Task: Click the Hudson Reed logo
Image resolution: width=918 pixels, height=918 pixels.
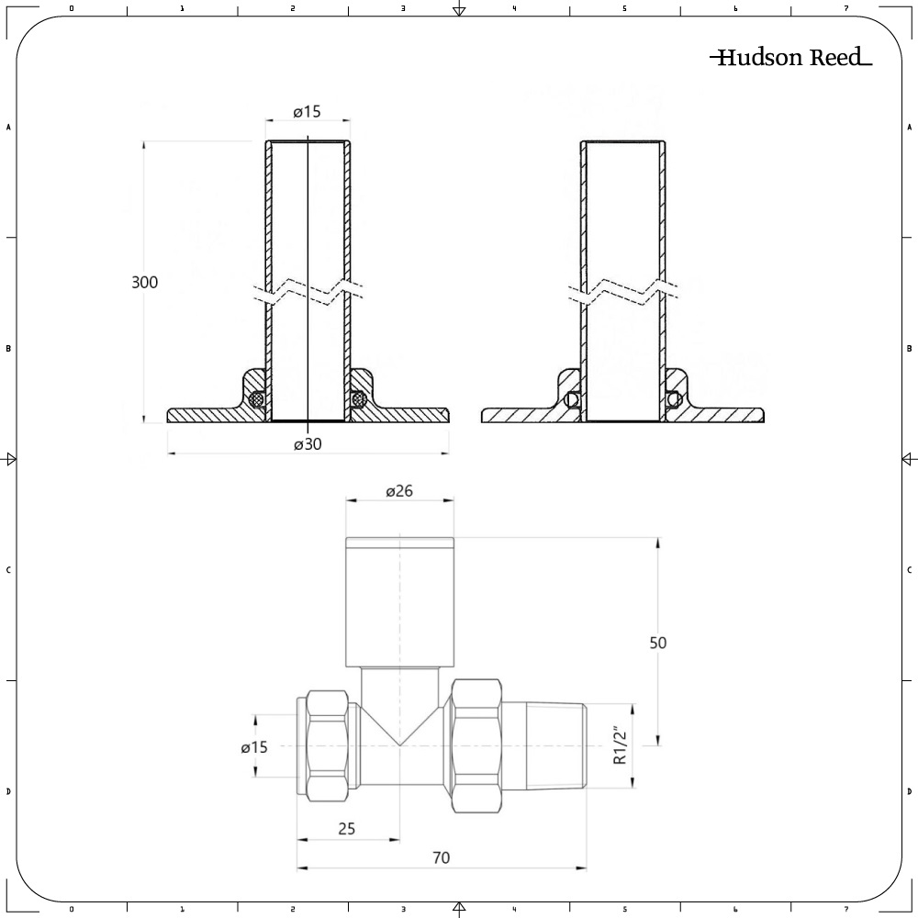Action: click(790, 58)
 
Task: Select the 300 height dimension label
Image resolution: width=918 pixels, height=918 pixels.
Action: click(144, 282)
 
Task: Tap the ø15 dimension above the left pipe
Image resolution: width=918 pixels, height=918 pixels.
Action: click(307, 111)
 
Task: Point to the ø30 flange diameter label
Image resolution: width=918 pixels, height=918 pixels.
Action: click(308, 443)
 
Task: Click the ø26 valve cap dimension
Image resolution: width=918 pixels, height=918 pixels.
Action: click(399, 491)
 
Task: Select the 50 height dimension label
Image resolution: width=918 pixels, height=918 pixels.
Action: click(657, 643)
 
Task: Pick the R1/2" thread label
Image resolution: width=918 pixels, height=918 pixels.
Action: click(620, 744)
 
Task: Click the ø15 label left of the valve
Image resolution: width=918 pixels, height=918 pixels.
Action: click(254, 747)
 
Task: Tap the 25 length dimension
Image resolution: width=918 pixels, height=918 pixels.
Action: click(346, 829)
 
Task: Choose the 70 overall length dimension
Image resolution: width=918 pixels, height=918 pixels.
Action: click(441, 857)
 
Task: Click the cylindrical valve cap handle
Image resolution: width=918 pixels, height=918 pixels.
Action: click(399, 601)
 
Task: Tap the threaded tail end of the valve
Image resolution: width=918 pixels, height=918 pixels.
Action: click(547, 745)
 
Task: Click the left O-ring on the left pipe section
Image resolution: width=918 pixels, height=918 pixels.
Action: click(259, 399)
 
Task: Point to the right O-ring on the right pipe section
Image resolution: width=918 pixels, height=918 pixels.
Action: click(673, 399)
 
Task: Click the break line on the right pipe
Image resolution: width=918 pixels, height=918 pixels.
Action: click(624, 293)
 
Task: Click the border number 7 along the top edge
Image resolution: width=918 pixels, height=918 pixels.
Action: click(845, 8)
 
